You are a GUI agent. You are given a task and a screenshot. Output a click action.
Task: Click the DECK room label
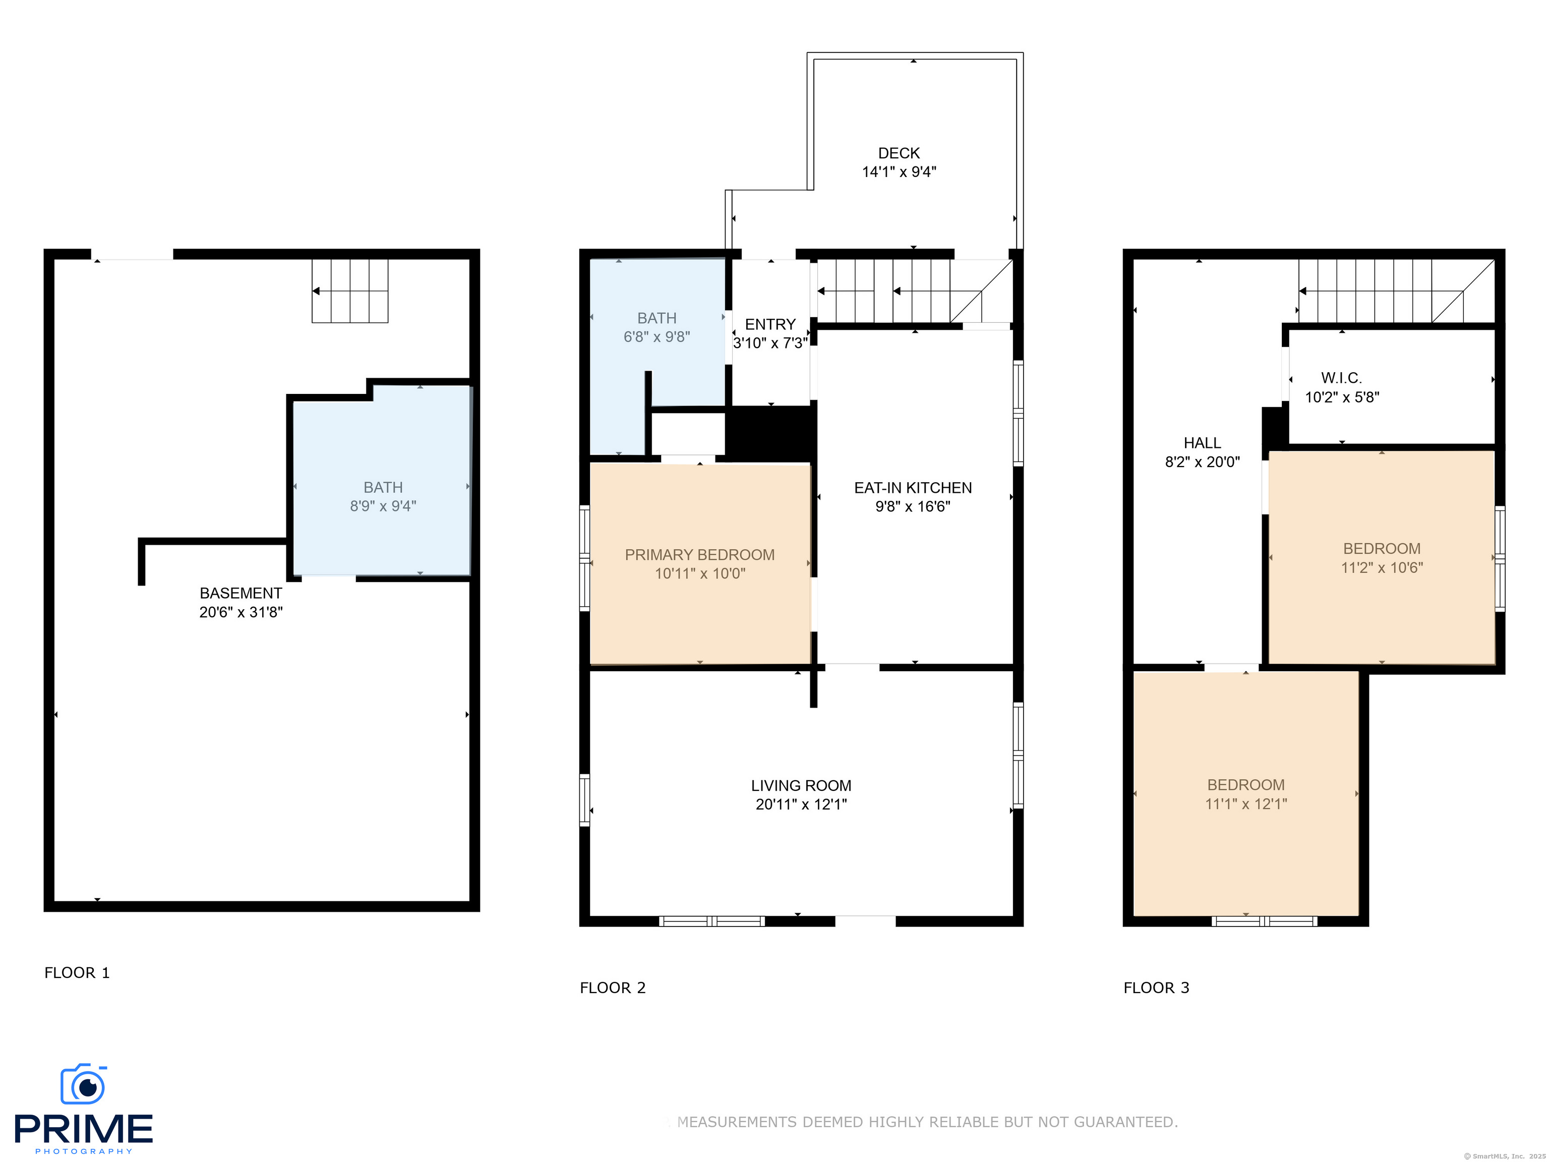tap(899, 153)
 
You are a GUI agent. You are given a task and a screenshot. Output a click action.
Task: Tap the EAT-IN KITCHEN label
tap(913, 488)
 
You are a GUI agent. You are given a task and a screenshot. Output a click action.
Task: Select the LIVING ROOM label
tap(801, 786)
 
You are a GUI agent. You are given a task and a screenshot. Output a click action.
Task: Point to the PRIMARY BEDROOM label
tap(699, 555)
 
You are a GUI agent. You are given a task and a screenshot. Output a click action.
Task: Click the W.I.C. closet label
tap(1341, 378)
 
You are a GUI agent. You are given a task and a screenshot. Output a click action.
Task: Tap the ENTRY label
tap(770, 324)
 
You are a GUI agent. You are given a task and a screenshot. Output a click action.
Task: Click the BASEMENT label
tap(241, 593)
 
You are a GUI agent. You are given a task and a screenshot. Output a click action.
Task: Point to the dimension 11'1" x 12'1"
tap(1246, 804)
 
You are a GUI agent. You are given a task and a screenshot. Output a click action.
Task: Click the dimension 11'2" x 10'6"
tap(1382, 568)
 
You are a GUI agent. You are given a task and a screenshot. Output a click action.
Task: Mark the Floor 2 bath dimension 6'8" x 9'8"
tap(657, 337)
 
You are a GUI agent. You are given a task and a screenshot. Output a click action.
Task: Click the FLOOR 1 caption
tap(77, 973)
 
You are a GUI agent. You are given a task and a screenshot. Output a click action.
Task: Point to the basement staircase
tap(349, 290)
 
